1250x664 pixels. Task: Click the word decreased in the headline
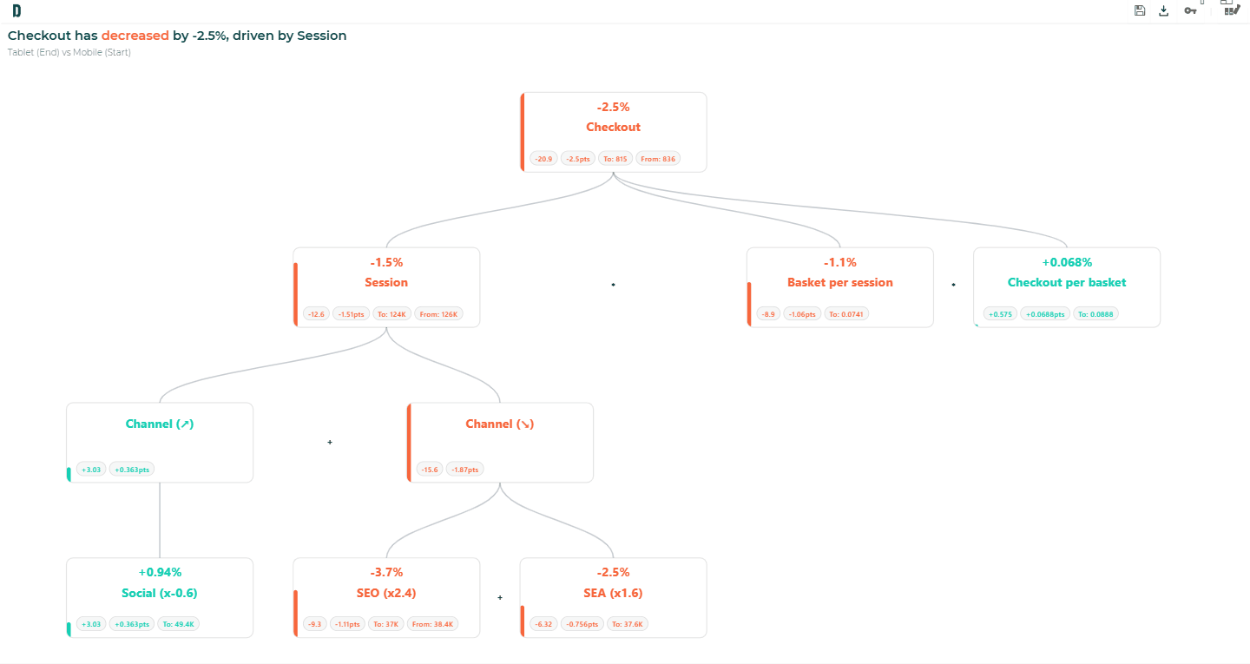click(135, 36)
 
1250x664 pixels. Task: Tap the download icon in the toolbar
click(1163, 10)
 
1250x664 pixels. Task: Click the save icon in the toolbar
click(1140, 10)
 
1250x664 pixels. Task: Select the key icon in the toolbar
click(1190, 10)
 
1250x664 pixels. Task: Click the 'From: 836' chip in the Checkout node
click(658, 159)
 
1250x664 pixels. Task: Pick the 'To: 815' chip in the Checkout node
click(615, 159)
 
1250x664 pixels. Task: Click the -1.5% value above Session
click(386, 262)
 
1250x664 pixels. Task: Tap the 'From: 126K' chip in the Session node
click(438, 314)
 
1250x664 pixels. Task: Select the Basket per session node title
click(840, 282)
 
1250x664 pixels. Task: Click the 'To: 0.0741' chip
click(846, 314)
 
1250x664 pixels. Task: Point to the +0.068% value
click(1067, 262)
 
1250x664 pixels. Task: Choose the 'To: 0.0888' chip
click(1095, 314)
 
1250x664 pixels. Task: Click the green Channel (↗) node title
click(160, 424)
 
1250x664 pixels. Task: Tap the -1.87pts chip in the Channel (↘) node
click(465, 470)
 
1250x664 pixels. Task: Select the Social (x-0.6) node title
click(160, 593)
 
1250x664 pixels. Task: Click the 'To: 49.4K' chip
click(178, 624)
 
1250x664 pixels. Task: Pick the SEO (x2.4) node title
click(386, 593)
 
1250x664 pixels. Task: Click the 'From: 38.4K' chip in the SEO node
click(432, 624)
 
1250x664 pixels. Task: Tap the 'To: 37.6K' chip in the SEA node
click(628, 624)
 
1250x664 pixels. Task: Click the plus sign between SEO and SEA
click(500, 597)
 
